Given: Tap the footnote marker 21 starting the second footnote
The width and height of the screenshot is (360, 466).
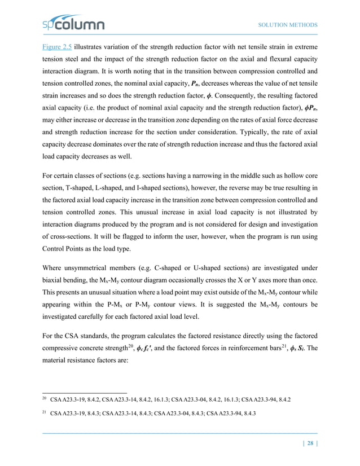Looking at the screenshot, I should tap(45, 415).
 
